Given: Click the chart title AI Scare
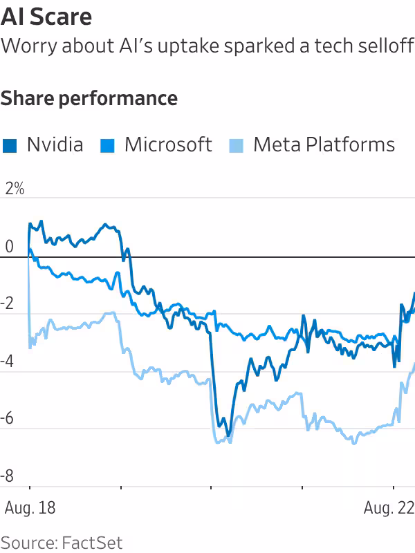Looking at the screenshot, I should pos(46,17).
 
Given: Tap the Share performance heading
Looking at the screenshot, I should pos(89,98).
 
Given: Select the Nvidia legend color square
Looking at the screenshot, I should pos(10,145).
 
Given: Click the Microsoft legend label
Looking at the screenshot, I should pos(168,144).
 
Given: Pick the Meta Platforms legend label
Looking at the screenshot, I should pos(324,144).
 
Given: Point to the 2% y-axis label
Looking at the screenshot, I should pos(14,188).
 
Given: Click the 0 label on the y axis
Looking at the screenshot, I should pos(8,246).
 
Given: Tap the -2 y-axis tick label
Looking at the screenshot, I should pos(9,303).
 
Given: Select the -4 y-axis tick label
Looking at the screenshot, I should pos(9,361).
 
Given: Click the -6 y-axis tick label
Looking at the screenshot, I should pos(9,418).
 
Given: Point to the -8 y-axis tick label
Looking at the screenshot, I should pos(9,476).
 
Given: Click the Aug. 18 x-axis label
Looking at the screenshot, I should pos(30,508).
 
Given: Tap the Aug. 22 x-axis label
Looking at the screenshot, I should pos(389,508).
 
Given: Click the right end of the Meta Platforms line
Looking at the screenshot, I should pos(414,364).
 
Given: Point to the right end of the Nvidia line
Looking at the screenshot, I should pos(414,293).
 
